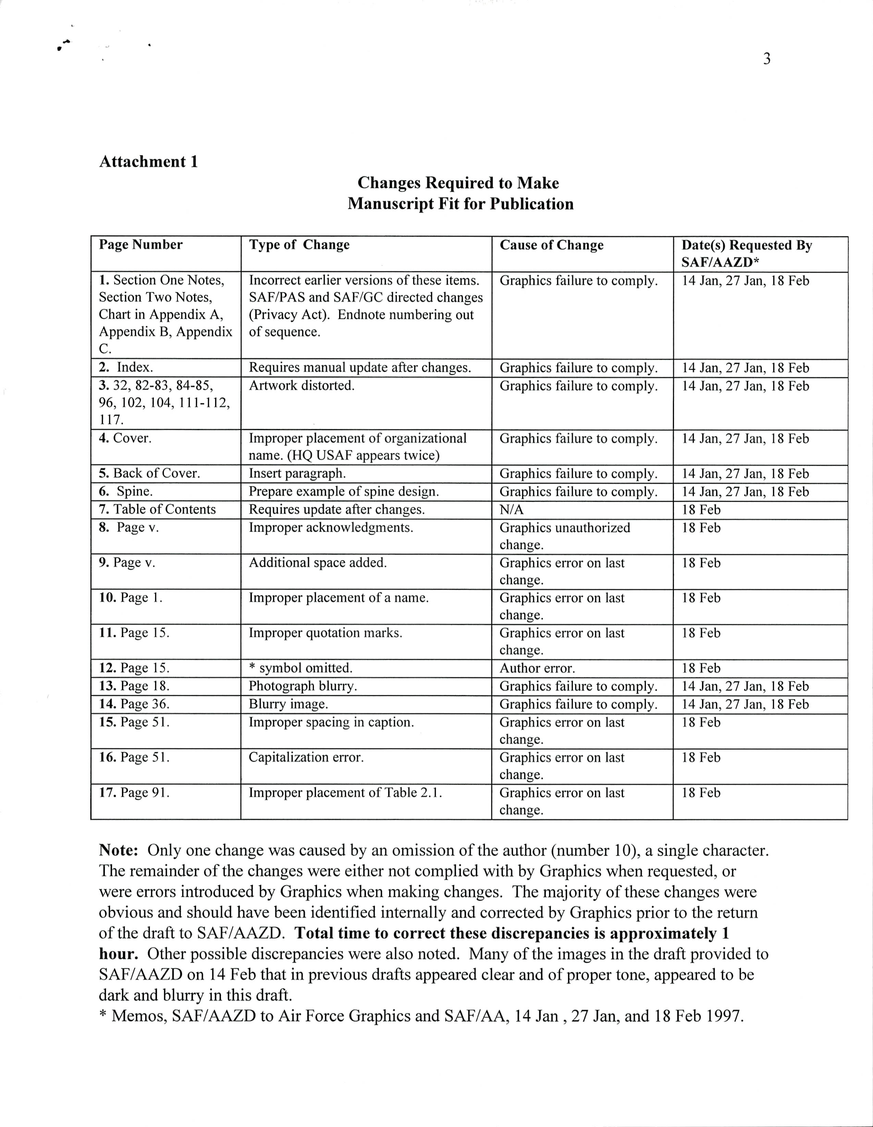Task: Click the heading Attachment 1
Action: [x=148, y=162]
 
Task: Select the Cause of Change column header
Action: [x=551, y=245]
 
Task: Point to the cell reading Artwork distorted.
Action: [x=302, y=385]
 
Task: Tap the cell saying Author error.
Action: [x=537, y=668]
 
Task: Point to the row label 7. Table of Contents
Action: [x=157, y=509]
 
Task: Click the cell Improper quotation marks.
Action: [x=325, y=633]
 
